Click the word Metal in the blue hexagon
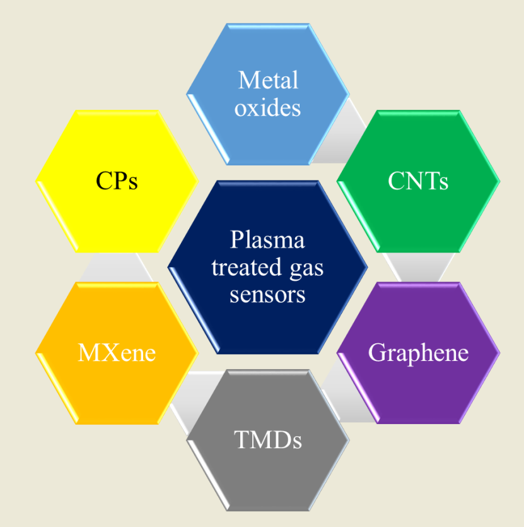(x=268, y=80)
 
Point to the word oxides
(x=267, y=107)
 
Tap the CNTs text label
(x=418, y=181)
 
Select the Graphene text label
(x=418, y=352)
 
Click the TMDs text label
(x=267, y=440)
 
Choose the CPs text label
(x=117, y=181)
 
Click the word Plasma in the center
(x=267, y=240)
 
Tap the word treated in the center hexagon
(x=238, y=268)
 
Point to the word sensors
(x=267, y=295)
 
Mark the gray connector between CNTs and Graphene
(x=418, y=267)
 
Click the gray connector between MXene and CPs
(x=117, y=266)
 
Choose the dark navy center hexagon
(x=267, y=208)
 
